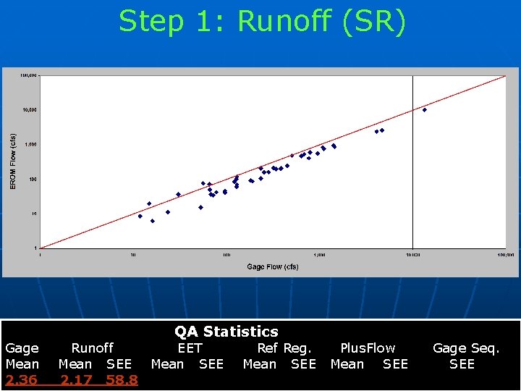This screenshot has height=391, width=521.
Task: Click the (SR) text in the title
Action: (370, 22)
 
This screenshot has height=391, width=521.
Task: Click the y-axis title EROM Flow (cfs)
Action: (12, 161)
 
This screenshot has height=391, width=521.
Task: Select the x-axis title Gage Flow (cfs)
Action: (273, 266)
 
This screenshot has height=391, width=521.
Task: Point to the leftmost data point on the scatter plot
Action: (140, 216)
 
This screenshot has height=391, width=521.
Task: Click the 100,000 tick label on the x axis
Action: (504, 255)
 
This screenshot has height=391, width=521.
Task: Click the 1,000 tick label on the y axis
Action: (30, 145)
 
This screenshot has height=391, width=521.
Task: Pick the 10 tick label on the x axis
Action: (133, 255)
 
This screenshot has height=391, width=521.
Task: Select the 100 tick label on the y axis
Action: (32, 179)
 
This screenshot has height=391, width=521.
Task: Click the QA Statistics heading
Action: (226, 332)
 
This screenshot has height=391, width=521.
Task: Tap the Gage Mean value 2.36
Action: (22, 380)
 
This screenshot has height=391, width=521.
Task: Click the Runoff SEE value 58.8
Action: (122, 380)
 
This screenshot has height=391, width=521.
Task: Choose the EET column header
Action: (190, 348)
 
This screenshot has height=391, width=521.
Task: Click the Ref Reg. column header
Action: (284, 348)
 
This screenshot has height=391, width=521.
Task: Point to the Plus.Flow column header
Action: (368, 348)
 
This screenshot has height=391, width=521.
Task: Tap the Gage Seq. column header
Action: (466, 348)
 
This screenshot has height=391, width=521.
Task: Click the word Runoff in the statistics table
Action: (92, 348)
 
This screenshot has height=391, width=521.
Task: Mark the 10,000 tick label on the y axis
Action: (30, 110)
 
